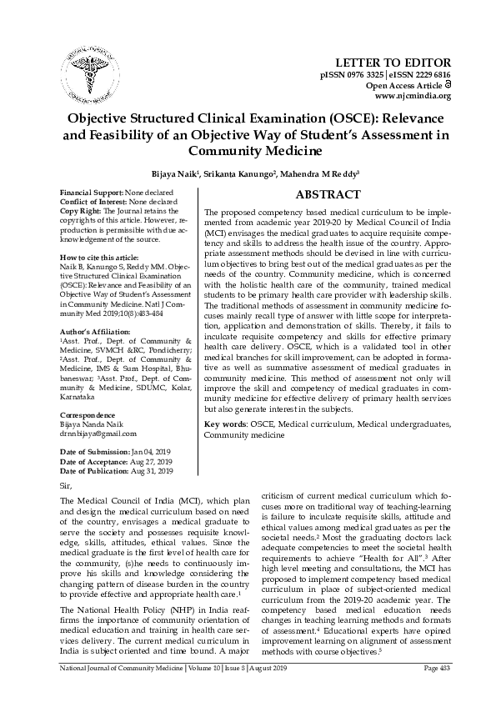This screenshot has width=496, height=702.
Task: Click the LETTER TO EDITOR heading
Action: pos(393,63)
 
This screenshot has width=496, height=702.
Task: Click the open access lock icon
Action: pos(447,86)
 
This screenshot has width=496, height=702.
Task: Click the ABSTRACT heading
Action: pos(328,194)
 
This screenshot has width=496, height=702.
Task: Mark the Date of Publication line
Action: pos(116,470)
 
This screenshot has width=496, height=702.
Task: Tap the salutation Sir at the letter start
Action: pos(67,485)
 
